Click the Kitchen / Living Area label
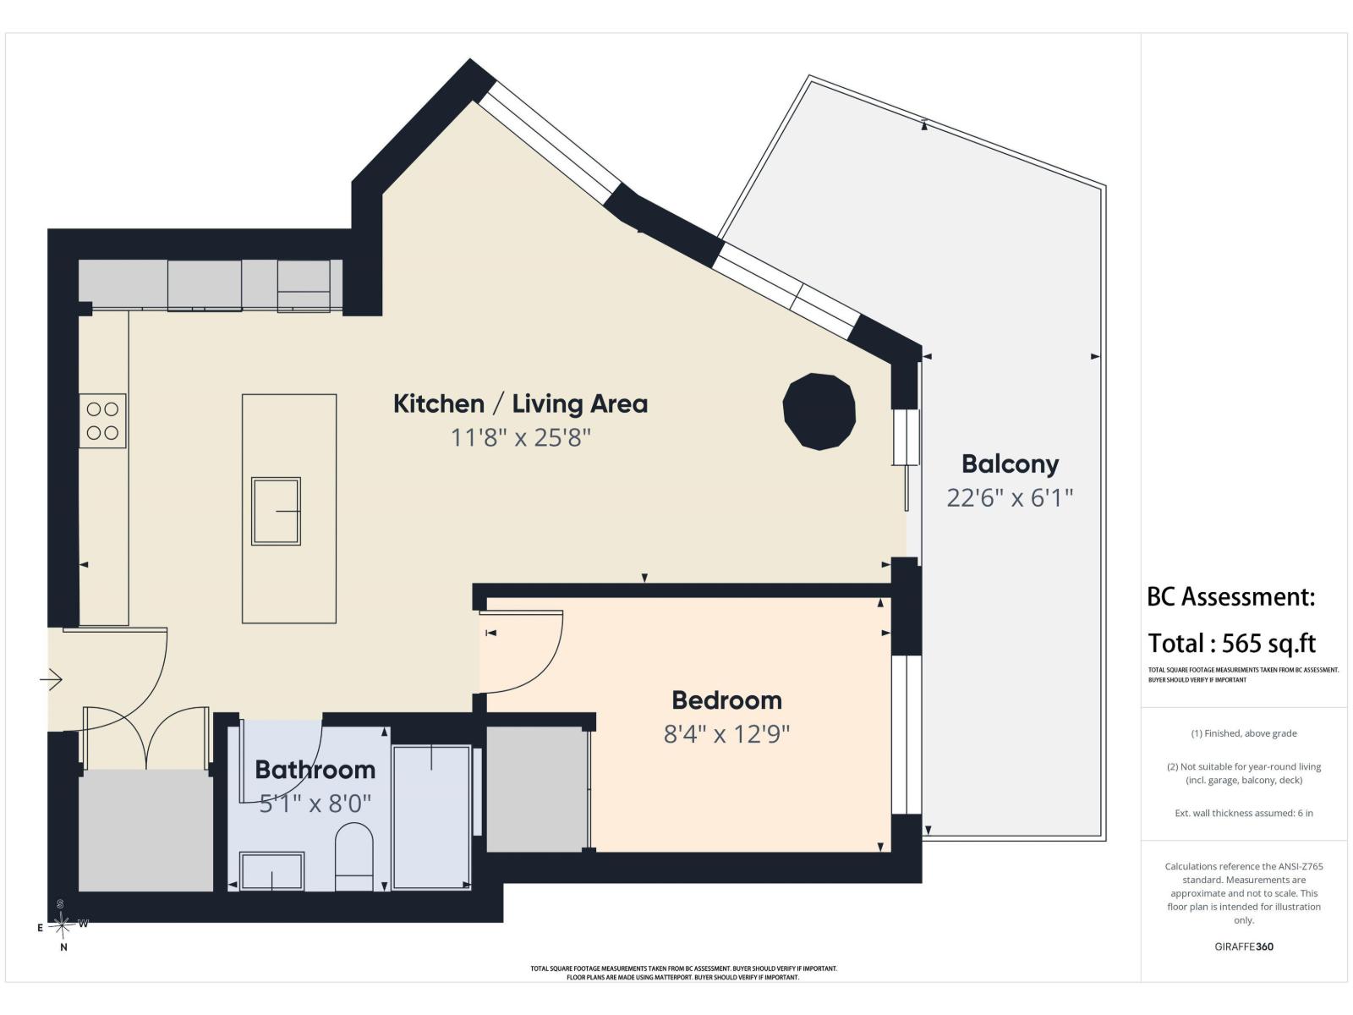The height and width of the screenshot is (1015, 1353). tap(520, 404)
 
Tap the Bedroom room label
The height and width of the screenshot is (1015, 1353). tap(726, 700)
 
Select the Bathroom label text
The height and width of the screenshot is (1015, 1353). tap(315, 770)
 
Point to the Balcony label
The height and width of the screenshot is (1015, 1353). tap(1011, 464)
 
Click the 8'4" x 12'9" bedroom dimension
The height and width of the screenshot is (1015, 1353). tap(726, 734)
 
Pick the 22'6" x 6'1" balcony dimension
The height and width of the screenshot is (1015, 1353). tap(1011, 498)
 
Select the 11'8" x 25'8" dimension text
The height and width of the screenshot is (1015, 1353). tap(521, 438)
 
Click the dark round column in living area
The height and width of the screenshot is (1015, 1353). tap(819, 411)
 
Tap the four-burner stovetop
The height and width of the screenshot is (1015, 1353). tap(102, 421)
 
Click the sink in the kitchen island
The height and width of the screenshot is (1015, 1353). tap(277, 511)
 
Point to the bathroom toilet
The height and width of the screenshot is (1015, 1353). tap(353, 857)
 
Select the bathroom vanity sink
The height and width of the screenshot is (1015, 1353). tap(271, 871)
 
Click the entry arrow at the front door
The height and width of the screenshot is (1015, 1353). tap(52, 680)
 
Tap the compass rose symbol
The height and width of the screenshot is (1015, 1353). tap(62, 924)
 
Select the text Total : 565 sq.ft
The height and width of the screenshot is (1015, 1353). tap(1231, 644)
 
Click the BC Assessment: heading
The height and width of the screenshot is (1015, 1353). tap(1231, 596)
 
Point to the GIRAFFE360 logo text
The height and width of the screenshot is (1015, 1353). tap(1244, 946)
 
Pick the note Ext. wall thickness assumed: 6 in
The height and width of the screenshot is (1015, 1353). tap(1244, 813)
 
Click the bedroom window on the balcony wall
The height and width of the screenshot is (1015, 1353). tap(907, 734)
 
